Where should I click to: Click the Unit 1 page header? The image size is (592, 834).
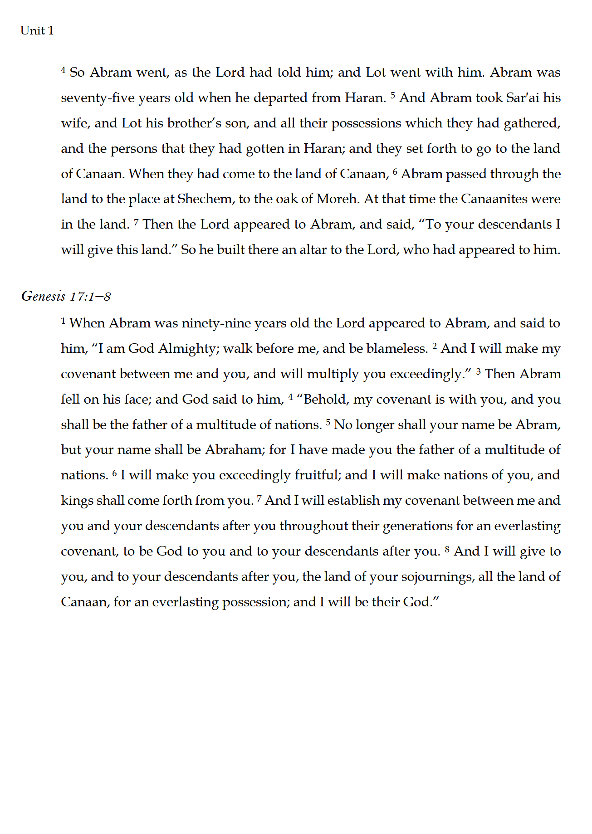coord(37,31)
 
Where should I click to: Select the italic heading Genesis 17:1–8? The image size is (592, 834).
coord(66,297)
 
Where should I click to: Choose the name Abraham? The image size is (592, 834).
coord(234,450)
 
